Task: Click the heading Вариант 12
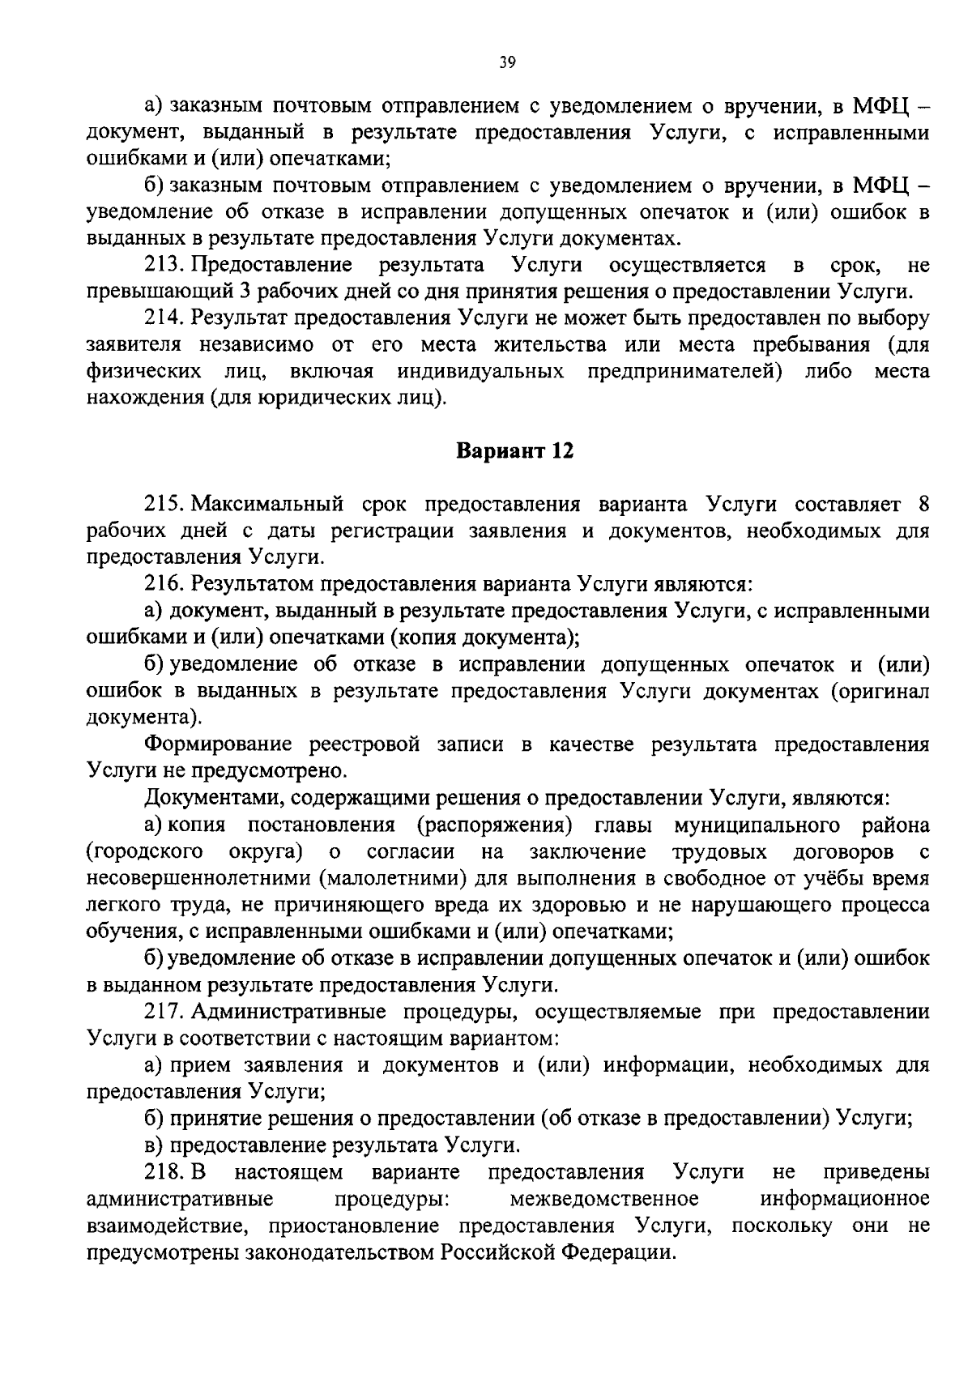pyautogui.click(x=515, y=451)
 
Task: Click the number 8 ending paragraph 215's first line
pyautogui.click(x=923, y=504)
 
